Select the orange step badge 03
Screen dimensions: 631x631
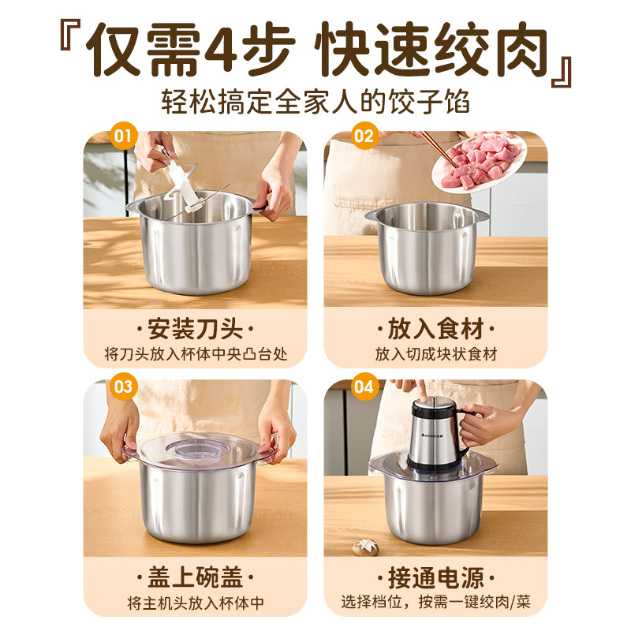[122, 386]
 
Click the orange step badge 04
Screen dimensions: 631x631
[363, 386]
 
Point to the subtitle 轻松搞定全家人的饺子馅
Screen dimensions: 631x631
[315, 102]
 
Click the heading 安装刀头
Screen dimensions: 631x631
[195, 327]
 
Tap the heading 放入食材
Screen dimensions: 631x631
[435, 327]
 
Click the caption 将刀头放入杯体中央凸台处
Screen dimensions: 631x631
[195, 355]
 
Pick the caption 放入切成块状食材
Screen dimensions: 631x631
[435, 355]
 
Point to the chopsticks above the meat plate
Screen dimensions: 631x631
[434, 146]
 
